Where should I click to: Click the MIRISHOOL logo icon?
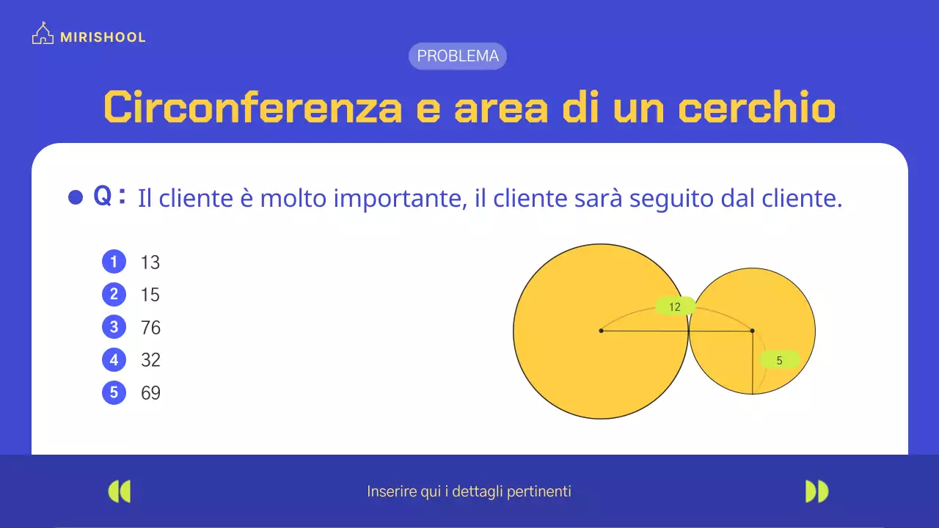[x=43, y=34]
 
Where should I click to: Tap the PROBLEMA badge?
[x=458, y=56]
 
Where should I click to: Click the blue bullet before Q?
[x=75, y=197]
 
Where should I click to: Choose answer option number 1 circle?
[x=114, y=262]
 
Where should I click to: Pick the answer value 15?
[x=150, y=295]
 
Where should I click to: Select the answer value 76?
[x=150, y=327]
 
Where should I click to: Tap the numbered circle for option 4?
[x=114, y=360]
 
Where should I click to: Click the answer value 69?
[x=150, y=393]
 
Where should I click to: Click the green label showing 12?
[x=675, y=307]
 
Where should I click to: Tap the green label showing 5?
[x=779, y=360]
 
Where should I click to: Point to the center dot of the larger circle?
[x=601, y=331]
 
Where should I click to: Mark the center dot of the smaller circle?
[x=752, y=331]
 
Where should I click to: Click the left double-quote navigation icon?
[x=119, y=491]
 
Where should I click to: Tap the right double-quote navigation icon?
[x=816, y=491]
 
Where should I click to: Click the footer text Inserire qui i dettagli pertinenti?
[x=469, y=491]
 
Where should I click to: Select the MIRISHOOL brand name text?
[x=103, y=37]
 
